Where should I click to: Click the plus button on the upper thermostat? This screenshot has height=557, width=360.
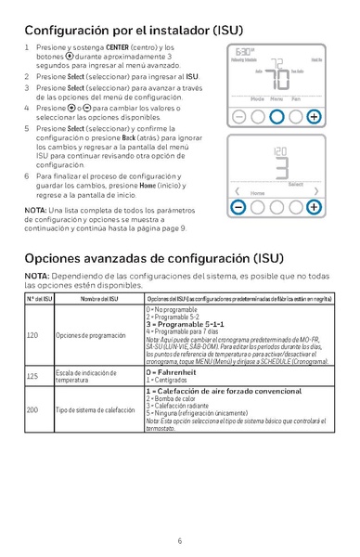click(314, 118)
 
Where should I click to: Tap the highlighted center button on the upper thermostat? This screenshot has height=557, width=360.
click(276, 118)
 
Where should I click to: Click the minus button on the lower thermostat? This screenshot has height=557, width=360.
click(238, 207)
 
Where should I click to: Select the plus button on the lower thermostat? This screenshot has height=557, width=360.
click(314, 207)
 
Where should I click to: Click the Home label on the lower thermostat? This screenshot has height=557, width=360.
click(257, 193)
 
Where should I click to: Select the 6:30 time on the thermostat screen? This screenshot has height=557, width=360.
click(244, 52)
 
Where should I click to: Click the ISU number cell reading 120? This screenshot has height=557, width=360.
click(32, 334)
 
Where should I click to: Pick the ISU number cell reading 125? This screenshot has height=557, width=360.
click(32, 376)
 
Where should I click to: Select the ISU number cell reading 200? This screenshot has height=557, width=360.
click(32, 409)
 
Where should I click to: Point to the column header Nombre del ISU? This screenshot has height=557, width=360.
click(95, 297)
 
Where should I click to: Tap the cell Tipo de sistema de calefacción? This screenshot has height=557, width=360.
click(96, 409)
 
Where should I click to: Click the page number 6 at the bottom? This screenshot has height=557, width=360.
click(179, 540)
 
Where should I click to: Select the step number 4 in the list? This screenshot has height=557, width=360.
click(27, 108)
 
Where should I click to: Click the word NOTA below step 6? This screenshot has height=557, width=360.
click(37, 210)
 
